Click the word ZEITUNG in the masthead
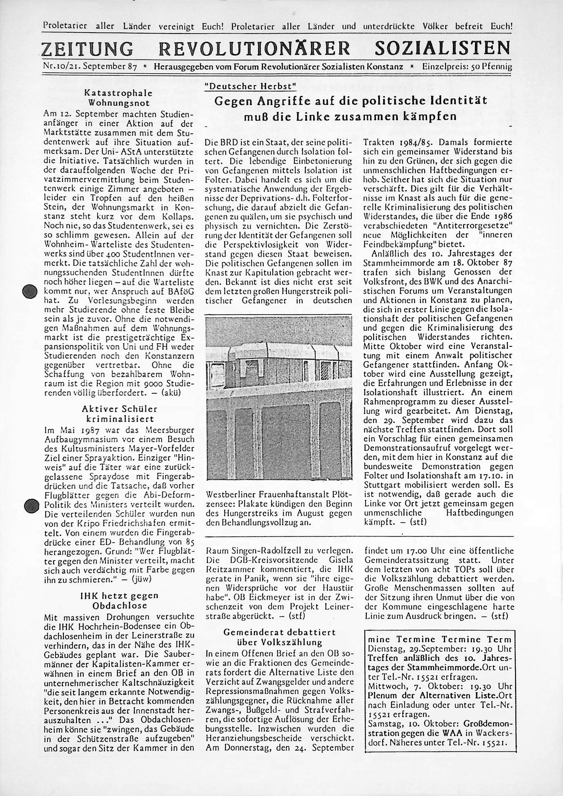[87, 49]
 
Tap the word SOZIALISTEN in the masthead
[443, 49]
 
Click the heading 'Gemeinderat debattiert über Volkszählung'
[279, 637]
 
